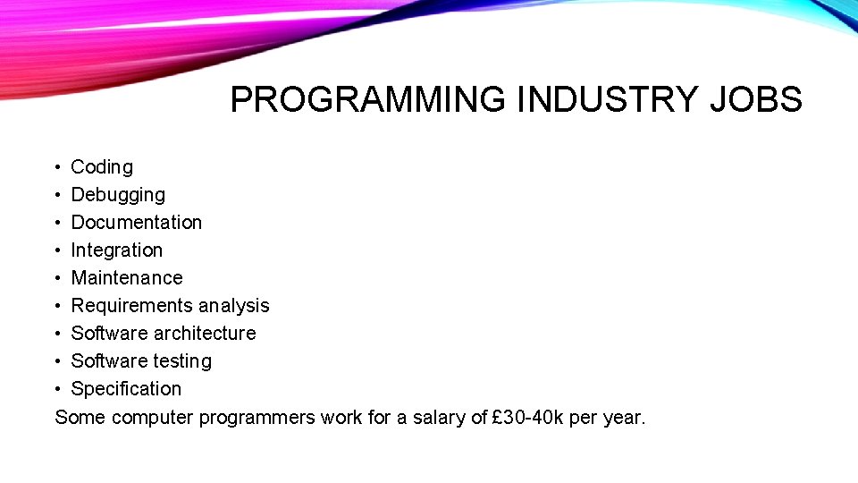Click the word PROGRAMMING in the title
pyautogui.click(x=367, y=100)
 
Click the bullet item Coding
pyautogui.click(x=102, y=167)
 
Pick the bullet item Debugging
pyautogui.click(x=118, y=195)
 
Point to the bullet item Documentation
pyautogui.click(x=136, y=223)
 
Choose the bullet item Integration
pyautogui.click(x=116, y=250)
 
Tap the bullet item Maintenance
pyautogui.click(x=126, y=278)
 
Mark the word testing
pyautogui.click(x=182, y=361)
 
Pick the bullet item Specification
pyautogui.click(x=126, y=389)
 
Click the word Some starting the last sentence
pyautogui.click(x=80, y=417)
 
